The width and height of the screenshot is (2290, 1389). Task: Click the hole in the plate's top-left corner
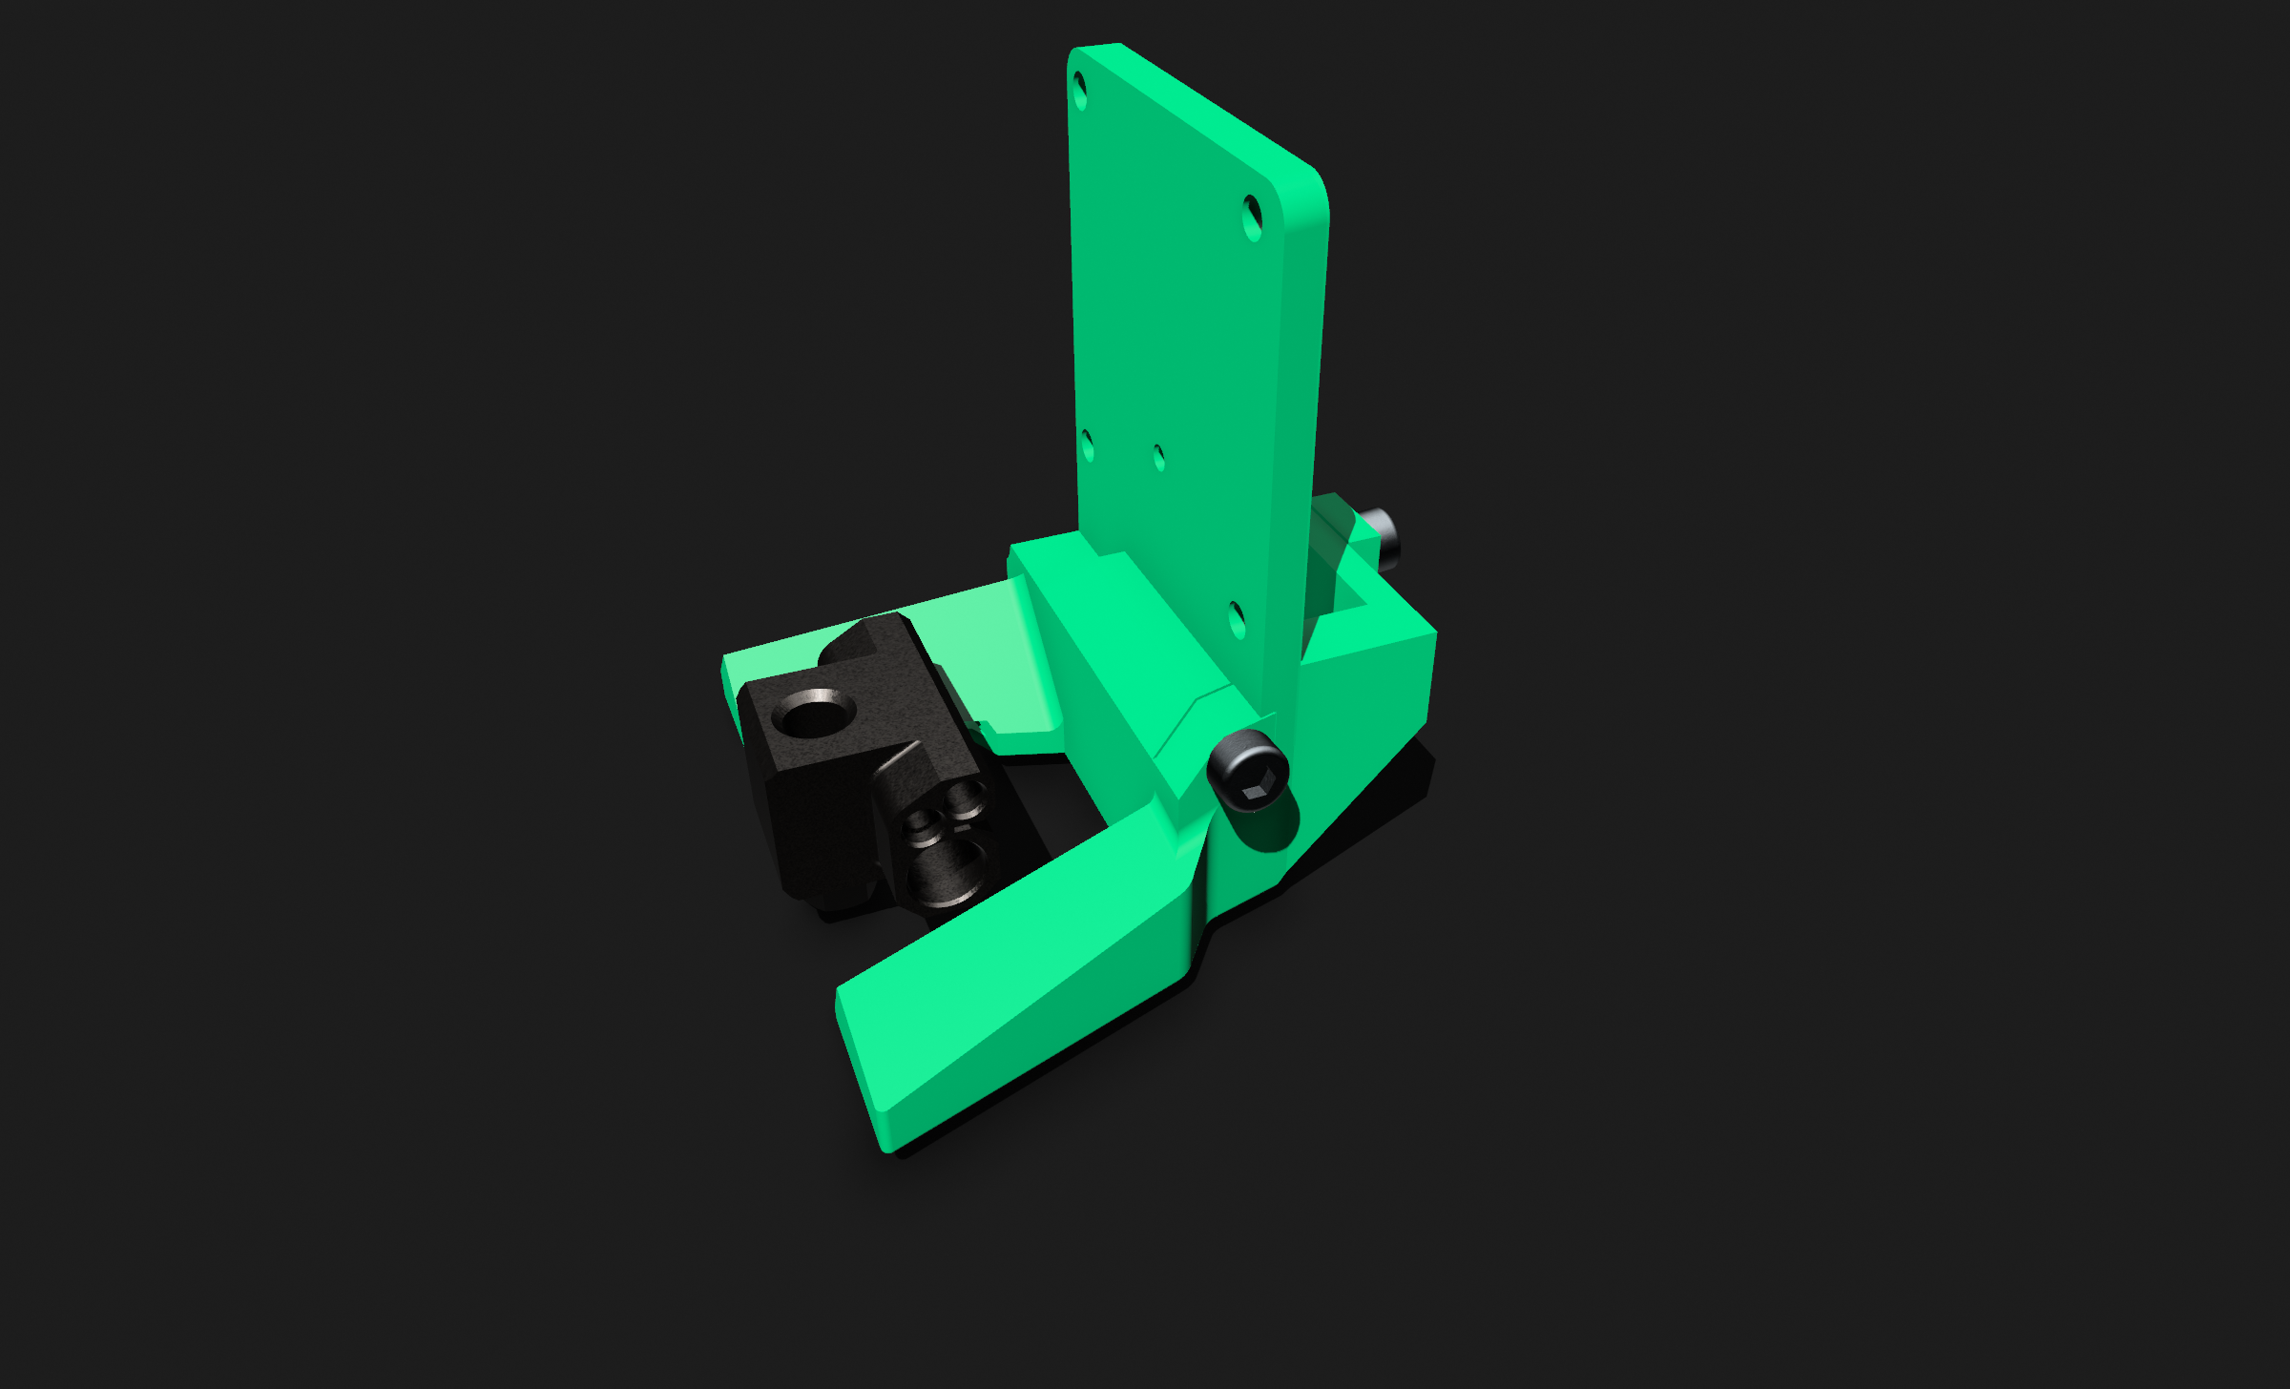tap(1080, 92)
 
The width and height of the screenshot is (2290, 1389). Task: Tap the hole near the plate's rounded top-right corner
tap(1253, 218)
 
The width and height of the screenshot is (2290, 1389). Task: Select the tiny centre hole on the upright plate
tap(1159, 458)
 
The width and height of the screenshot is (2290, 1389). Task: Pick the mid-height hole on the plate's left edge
tap(1087, 446)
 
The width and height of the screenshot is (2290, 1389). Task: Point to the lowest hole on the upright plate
tap(1237, 620)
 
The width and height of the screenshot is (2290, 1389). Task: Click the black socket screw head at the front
tap(1248, 769)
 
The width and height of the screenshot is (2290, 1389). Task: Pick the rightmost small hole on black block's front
tap(968, 797)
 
